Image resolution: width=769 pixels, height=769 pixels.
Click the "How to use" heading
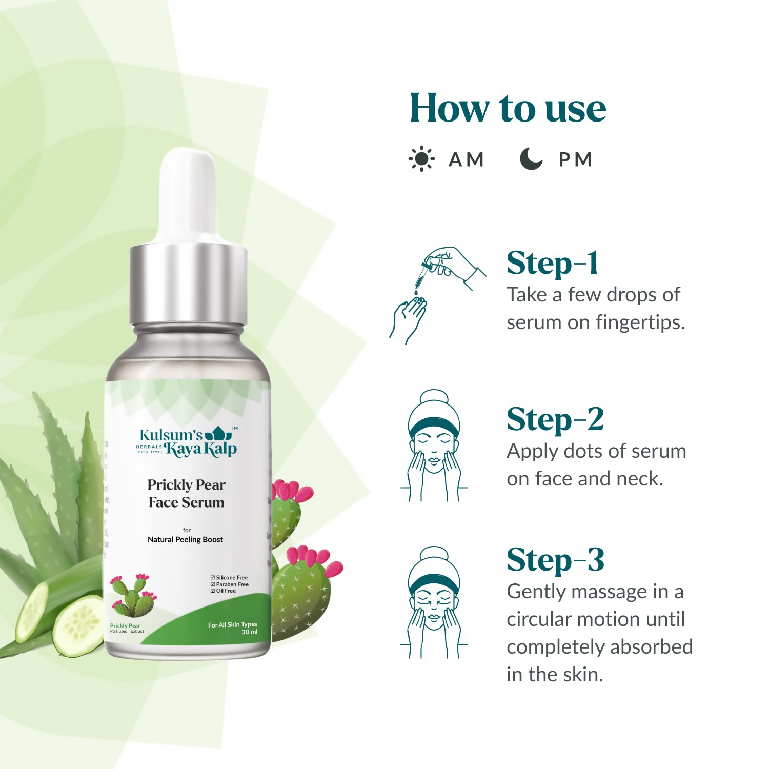pos(508,108)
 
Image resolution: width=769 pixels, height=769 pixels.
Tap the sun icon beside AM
pos(421,159)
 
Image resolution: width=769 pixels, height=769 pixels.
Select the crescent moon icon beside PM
pos(531,159)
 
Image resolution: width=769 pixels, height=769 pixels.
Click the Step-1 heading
pos(552,264)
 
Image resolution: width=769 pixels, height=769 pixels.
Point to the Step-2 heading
pos(555,420)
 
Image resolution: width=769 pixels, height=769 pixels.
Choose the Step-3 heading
pos(555,560)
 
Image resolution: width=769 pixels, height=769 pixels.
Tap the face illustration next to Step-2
pos(434,446)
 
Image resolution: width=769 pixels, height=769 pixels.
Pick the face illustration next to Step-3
pos(434,603)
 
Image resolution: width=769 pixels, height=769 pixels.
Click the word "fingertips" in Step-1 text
pos(639,322)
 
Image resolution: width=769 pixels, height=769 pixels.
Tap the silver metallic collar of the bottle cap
pos(188,285)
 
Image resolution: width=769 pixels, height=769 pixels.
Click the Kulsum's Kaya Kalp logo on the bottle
pos(188,442)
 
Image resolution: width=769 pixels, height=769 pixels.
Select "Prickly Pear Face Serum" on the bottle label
pos(187,493)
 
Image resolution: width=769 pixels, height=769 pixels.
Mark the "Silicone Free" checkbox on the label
pos(213,578)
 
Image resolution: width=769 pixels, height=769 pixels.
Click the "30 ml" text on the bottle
pos(249,632)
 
